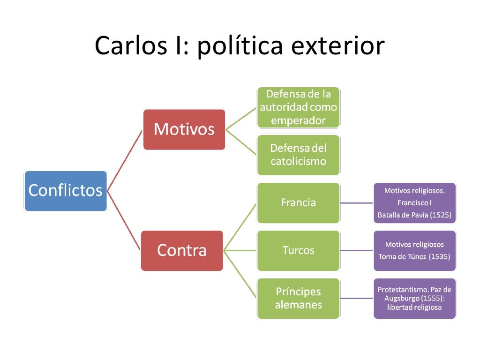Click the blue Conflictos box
tap(66, 191)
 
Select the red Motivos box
tap(184, 129)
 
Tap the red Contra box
tap(182, 251)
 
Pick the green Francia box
tap(299, 203)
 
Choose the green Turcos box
tap(299, 251)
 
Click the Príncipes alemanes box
tap(299, 299)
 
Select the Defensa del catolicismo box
tap(299, 155)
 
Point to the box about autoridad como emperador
tap(299, 107)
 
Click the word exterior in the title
tap(338, 45)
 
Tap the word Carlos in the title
tap(131, 45)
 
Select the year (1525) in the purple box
tap(441, 215)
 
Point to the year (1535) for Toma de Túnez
tap(439, 256)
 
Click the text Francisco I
tap(414, 202)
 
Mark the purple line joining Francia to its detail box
tap(356, 203)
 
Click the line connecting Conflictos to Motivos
tap(125, 160)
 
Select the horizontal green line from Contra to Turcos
tap(240, 251)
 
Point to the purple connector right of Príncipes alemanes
tap(356, 299)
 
